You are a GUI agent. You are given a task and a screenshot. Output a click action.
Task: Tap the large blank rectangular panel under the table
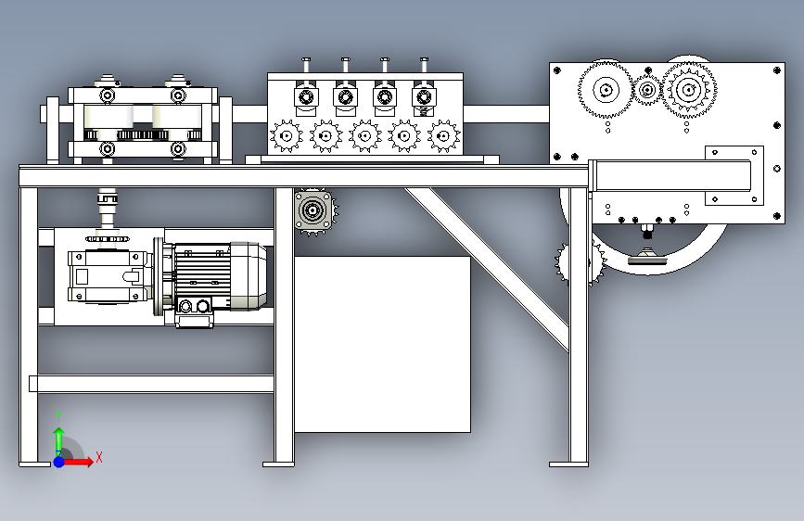[x=381, y=343]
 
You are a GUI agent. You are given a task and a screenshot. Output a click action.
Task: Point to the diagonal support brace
[x=491, y=268]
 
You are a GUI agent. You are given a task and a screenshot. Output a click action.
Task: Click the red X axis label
[x=99, y=457]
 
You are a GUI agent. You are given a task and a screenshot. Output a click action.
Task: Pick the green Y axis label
[x=58, y=416]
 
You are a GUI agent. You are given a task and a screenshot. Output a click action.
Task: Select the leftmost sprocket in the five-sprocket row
[x=286, y=137]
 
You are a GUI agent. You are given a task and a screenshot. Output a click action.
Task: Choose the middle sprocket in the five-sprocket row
[x=364, y=137]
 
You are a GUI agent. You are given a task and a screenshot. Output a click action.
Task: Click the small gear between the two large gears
[x=646, y=90]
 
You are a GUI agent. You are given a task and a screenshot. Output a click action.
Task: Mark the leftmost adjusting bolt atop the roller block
[x=304, y=65]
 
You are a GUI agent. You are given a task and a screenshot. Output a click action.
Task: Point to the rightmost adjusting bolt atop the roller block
[x=425, y=65]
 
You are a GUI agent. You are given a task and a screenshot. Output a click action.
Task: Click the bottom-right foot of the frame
[x=568, y=462]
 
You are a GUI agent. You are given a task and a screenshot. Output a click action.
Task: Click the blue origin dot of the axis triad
[x=58, y=461]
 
